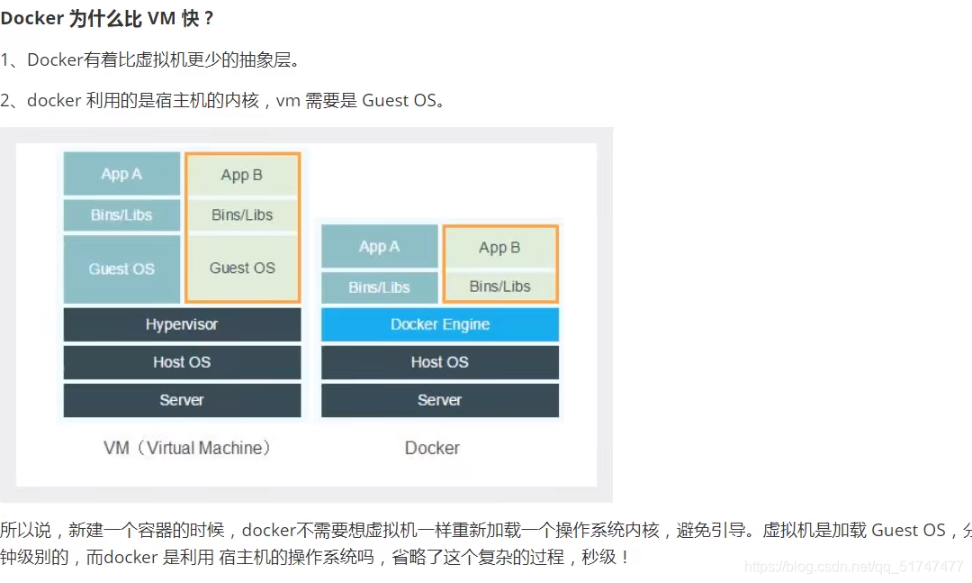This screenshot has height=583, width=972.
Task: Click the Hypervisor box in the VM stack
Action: point(182,324)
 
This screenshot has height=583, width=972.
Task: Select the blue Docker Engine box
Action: point(440,324)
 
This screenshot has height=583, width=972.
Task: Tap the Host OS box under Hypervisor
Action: point(182,362)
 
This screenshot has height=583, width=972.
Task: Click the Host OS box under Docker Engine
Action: point(440,362)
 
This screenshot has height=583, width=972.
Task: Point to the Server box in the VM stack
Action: point(182,400)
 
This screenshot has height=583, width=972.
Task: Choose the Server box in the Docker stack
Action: point(440,400)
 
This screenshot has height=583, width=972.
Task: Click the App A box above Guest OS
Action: point(121,174)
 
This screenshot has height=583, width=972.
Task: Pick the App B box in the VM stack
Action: point(242,175)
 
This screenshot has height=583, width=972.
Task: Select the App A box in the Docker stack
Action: point(379,246)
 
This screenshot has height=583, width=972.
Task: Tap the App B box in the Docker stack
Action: point(499,247)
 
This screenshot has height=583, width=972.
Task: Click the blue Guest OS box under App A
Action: point(121,269)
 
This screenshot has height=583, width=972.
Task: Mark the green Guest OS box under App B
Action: point(242,268)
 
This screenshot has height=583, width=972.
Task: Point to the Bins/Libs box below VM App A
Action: point(121,215)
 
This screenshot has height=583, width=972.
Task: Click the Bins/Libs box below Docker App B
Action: point(499,287)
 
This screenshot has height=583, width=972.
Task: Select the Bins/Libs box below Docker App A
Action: point(379,287)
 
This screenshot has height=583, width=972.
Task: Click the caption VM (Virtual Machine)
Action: point(187,448)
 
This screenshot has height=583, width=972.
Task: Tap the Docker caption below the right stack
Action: point(432,448)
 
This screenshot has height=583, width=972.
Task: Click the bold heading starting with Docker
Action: point(108,19)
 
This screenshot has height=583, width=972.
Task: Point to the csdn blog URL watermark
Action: point(854,567)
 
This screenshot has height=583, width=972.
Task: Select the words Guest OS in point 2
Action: point(398,101)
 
